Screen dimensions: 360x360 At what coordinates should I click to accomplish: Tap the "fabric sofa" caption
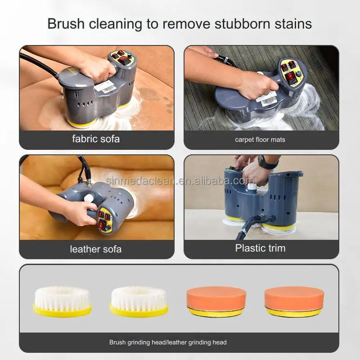coord(96,139)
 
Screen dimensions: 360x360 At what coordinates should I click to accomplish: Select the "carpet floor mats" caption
coord(260,139)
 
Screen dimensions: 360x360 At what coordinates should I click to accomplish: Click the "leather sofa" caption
coord(95,249)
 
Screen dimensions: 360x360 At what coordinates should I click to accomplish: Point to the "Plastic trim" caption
coord(260,248)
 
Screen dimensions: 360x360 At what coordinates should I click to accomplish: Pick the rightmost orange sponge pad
coord(294,301)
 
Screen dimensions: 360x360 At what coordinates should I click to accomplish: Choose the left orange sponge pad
coord(216,301)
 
